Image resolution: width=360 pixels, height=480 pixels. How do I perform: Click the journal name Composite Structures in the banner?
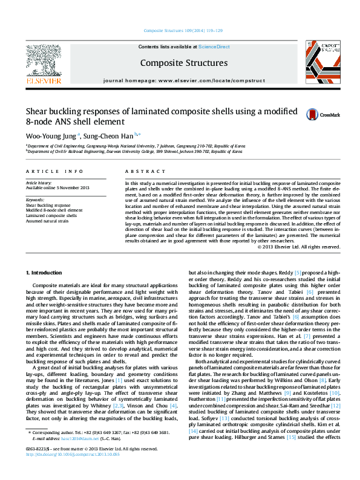pyautogui.click(x=184, y=63)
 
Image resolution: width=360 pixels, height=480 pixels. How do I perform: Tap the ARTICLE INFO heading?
pyautogui.click(x=50, y=172)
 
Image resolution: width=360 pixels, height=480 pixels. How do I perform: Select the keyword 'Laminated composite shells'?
pyautogui.click(x=51, y=215)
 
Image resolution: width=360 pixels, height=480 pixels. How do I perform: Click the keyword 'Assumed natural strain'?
pyautogui.click(x=48, y=221)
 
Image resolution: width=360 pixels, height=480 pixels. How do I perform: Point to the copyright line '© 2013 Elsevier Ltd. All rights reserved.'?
pyautogui.click(x=299, y=247)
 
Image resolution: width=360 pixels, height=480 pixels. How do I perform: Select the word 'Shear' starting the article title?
pyautogui.click(x=37, y=111)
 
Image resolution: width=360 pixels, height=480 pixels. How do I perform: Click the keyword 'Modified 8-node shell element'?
pyautogui.click(x=54, y=210)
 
